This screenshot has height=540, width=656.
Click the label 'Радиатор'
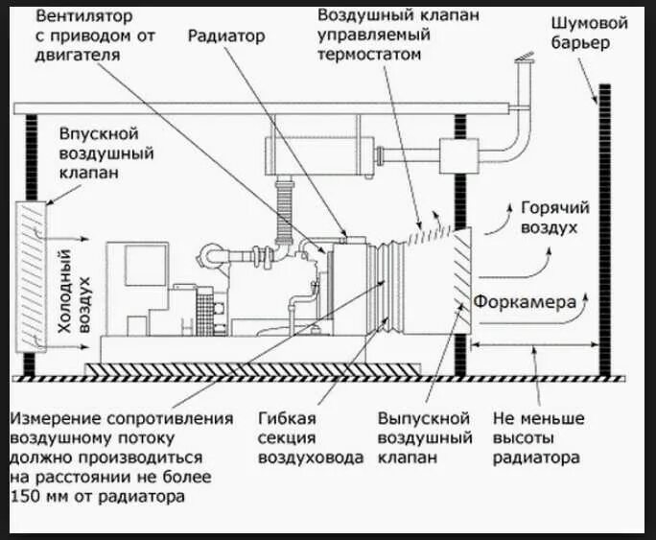pyautogui.click(x=226, y=36)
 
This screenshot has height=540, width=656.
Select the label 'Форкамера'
pyautogui.click(x=524, y=302)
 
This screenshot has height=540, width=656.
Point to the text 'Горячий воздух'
pyautogui.click(x=554, y=218)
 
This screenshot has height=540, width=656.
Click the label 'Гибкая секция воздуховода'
pyautogui.click(x=310, y=438)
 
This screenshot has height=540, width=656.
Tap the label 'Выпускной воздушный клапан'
pyautogui.click(x=424, y=438)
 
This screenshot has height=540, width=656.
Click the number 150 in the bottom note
pyautogui.click(x=27, y=497)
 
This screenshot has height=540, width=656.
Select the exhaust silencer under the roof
pyautogui.click(x=316, y=154)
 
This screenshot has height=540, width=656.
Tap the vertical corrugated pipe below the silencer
pyautogui.click(x=285, y=217)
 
